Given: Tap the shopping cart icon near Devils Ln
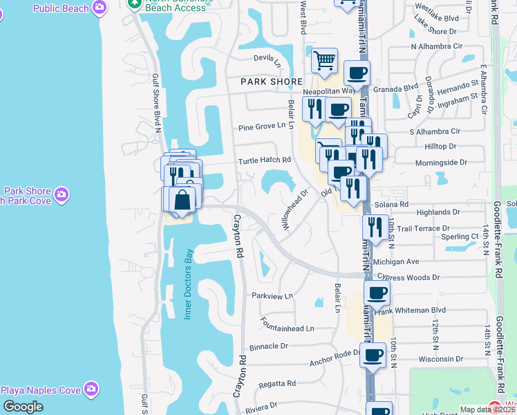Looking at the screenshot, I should (x=324, y=61).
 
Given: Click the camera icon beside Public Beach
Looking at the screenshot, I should (x=100, y=8).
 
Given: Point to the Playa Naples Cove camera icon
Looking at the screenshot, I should (x=90, y=389).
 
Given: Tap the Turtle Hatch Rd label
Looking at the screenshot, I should (x=265, y=160).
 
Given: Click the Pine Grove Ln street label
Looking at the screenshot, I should (x=261, y=127).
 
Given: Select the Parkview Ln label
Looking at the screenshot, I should (x=272, y=295).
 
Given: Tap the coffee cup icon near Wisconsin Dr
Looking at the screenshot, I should (x=373, y=356).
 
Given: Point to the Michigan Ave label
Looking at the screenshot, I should (x=396, y=262).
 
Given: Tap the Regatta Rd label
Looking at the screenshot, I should (x=277, y=383).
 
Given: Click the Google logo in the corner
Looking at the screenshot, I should (x=23, y=407).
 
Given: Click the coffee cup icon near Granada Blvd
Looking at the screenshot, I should (x=357, y=73).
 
